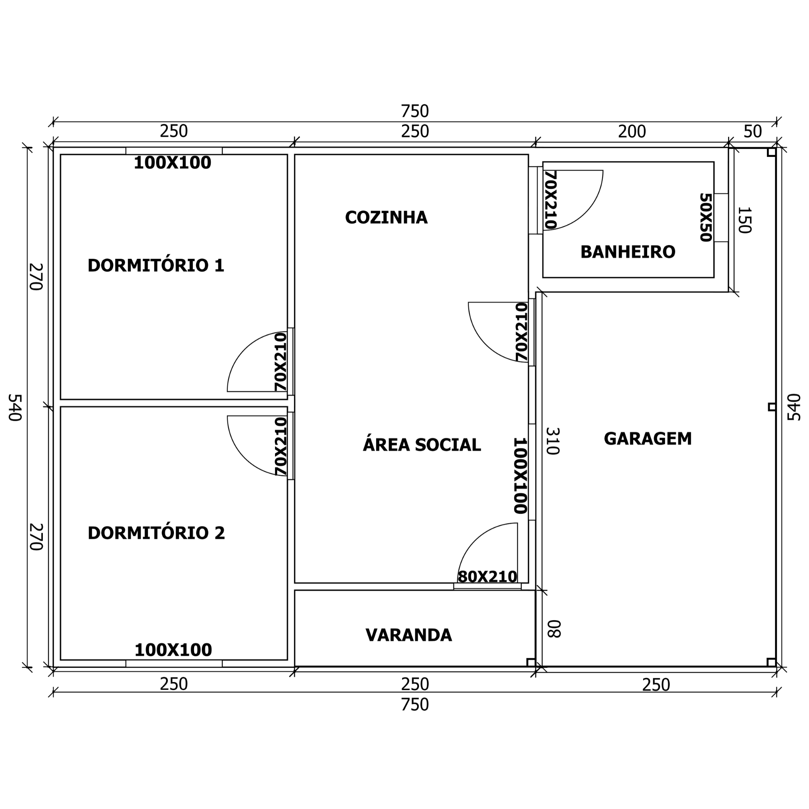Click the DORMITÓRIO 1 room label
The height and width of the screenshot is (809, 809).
coord(156,265)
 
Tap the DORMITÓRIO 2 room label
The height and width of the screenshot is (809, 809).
coord(156,533)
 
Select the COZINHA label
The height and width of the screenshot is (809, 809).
coord(386,217)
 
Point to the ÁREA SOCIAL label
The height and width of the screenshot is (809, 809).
coord(421,444)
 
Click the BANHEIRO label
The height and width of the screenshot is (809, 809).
coord(628,252)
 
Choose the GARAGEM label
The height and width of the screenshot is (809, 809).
coord(648,438)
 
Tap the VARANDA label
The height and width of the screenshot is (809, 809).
coord(409,635)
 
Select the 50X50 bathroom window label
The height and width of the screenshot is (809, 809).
coord(706,217)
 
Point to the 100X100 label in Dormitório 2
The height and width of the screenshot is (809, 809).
coord(173,650)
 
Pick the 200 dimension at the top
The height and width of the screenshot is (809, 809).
coord(632,132)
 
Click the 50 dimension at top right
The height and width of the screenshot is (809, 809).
coord(752,132)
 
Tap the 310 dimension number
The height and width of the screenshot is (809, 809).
coord(553,441)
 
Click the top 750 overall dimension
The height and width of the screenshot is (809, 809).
coord(415,111)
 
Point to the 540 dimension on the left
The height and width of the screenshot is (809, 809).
coord(15,407)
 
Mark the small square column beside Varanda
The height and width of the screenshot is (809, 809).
coord(531,663)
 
